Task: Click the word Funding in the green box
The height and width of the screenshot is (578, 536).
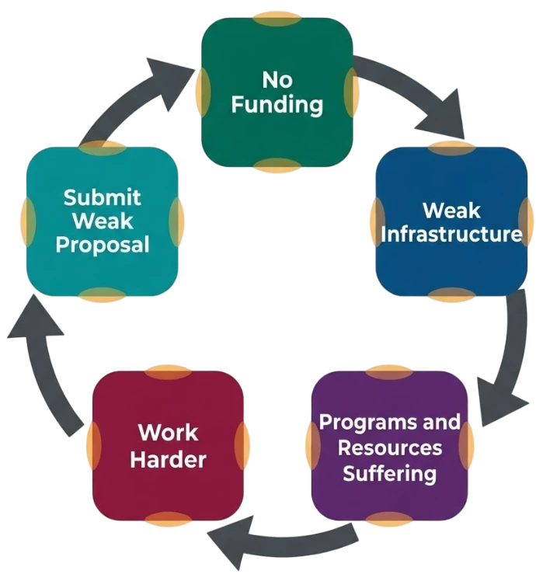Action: (x=277, y=106)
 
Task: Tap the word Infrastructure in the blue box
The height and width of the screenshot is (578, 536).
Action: (x=451, y=234)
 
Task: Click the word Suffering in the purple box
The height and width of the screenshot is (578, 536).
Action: (x=390, y=473)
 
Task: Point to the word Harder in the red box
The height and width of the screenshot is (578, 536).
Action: (x=168, y=460)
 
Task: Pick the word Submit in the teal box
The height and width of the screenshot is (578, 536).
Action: (x=102, y=197)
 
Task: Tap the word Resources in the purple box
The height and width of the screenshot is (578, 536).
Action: (x=390, y=448)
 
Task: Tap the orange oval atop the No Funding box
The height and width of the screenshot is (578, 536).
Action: (x=277, y=19)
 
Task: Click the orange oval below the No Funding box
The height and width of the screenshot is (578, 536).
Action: (x=277, y=165)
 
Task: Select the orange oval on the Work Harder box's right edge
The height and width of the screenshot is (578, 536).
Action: (x=242, y=446)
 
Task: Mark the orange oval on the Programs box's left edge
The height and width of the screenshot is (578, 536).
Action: (x=312, y=446)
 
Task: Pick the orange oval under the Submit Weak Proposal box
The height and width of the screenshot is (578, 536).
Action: (x=103, y=295)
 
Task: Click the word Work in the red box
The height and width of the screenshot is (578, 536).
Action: (x=168, y=433)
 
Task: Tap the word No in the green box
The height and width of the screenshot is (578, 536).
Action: (x=277, y=79)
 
